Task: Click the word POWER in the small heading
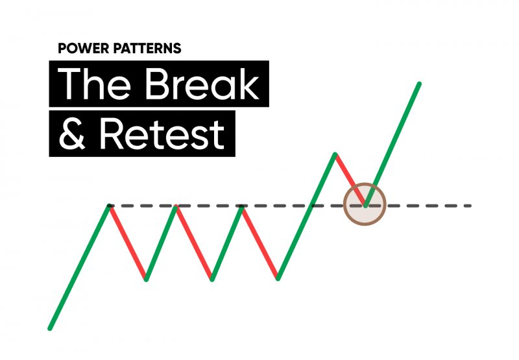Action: [84, 48]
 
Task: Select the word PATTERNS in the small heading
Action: [147, 48]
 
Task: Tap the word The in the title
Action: [94, 84]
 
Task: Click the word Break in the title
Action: [202, 84]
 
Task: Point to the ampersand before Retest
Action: [73, 134]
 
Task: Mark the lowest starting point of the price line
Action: [50, 329]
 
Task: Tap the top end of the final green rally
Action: [419, 84]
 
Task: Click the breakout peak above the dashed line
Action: [335, 154]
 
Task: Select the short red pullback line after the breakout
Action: [350, 180]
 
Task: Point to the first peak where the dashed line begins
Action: [109, 206]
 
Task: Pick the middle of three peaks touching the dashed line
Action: [176, 206]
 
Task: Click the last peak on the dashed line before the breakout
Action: [242, 206]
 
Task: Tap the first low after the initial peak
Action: [146, 280]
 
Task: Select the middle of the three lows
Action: [212, 280]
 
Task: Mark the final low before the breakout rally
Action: [278, 279]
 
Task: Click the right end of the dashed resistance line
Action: [470, 206]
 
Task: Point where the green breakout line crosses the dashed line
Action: [311, 206]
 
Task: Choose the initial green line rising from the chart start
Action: [79, 267]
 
